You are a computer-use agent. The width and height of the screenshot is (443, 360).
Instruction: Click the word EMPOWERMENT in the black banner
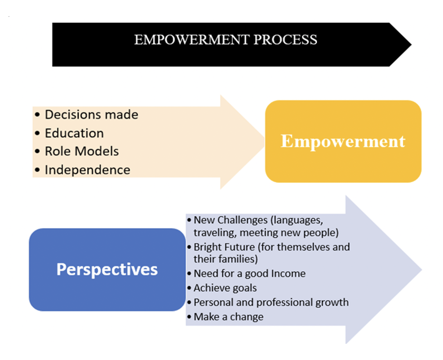[191, 40]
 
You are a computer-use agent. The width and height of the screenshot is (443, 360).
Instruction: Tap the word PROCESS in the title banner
[285, 40]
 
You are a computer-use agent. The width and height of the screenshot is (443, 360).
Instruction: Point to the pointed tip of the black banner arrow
[411, 44]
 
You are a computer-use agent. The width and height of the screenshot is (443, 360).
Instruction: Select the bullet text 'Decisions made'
[92, 114]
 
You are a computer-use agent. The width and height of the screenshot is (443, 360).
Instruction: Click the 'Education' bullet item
[74, 133]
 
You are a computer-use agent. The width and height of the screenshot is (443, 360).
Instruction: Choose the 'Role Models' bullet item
[82, 151]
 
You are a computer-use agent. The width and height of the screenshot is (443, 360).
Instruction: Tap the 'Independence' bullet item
[88, 170]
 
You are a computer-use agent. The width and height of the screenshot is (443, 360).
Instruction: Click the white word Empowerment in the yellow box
[343, 141]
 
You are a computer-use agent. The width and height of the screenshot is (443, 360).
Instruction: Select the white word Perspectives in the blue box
[107, 269]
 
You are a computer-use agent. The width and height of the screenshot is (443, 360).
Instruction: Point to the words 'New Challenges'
[230, 220]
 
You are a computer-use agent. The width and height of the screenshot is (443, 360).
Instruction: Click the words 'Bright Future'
[224, 247]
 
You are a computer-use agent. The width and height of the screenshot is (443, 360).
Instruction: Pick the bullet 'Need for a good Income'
[250, 274]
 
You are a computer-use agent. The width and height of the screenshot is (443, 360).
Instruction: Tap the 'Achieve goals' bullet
[225, 288]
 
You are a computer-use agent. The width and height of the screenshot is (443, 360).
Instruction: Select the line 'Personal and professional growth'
[271, 303]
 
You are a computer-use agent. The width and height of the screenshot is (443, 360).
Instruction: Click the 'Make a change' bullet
[229, 317]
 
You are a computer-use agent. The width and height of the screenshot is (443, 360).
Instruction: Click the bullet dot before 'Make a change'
[189, 317]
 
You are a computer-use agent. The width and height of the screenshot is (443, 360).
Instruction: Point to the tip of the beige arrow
[264, 142]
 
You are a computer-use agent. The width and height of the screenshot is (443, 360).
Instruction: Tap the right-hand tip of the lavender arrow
[421, 270]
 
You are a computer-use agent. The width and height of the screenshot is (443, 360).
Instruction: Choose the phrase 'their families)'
[226, 259]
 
